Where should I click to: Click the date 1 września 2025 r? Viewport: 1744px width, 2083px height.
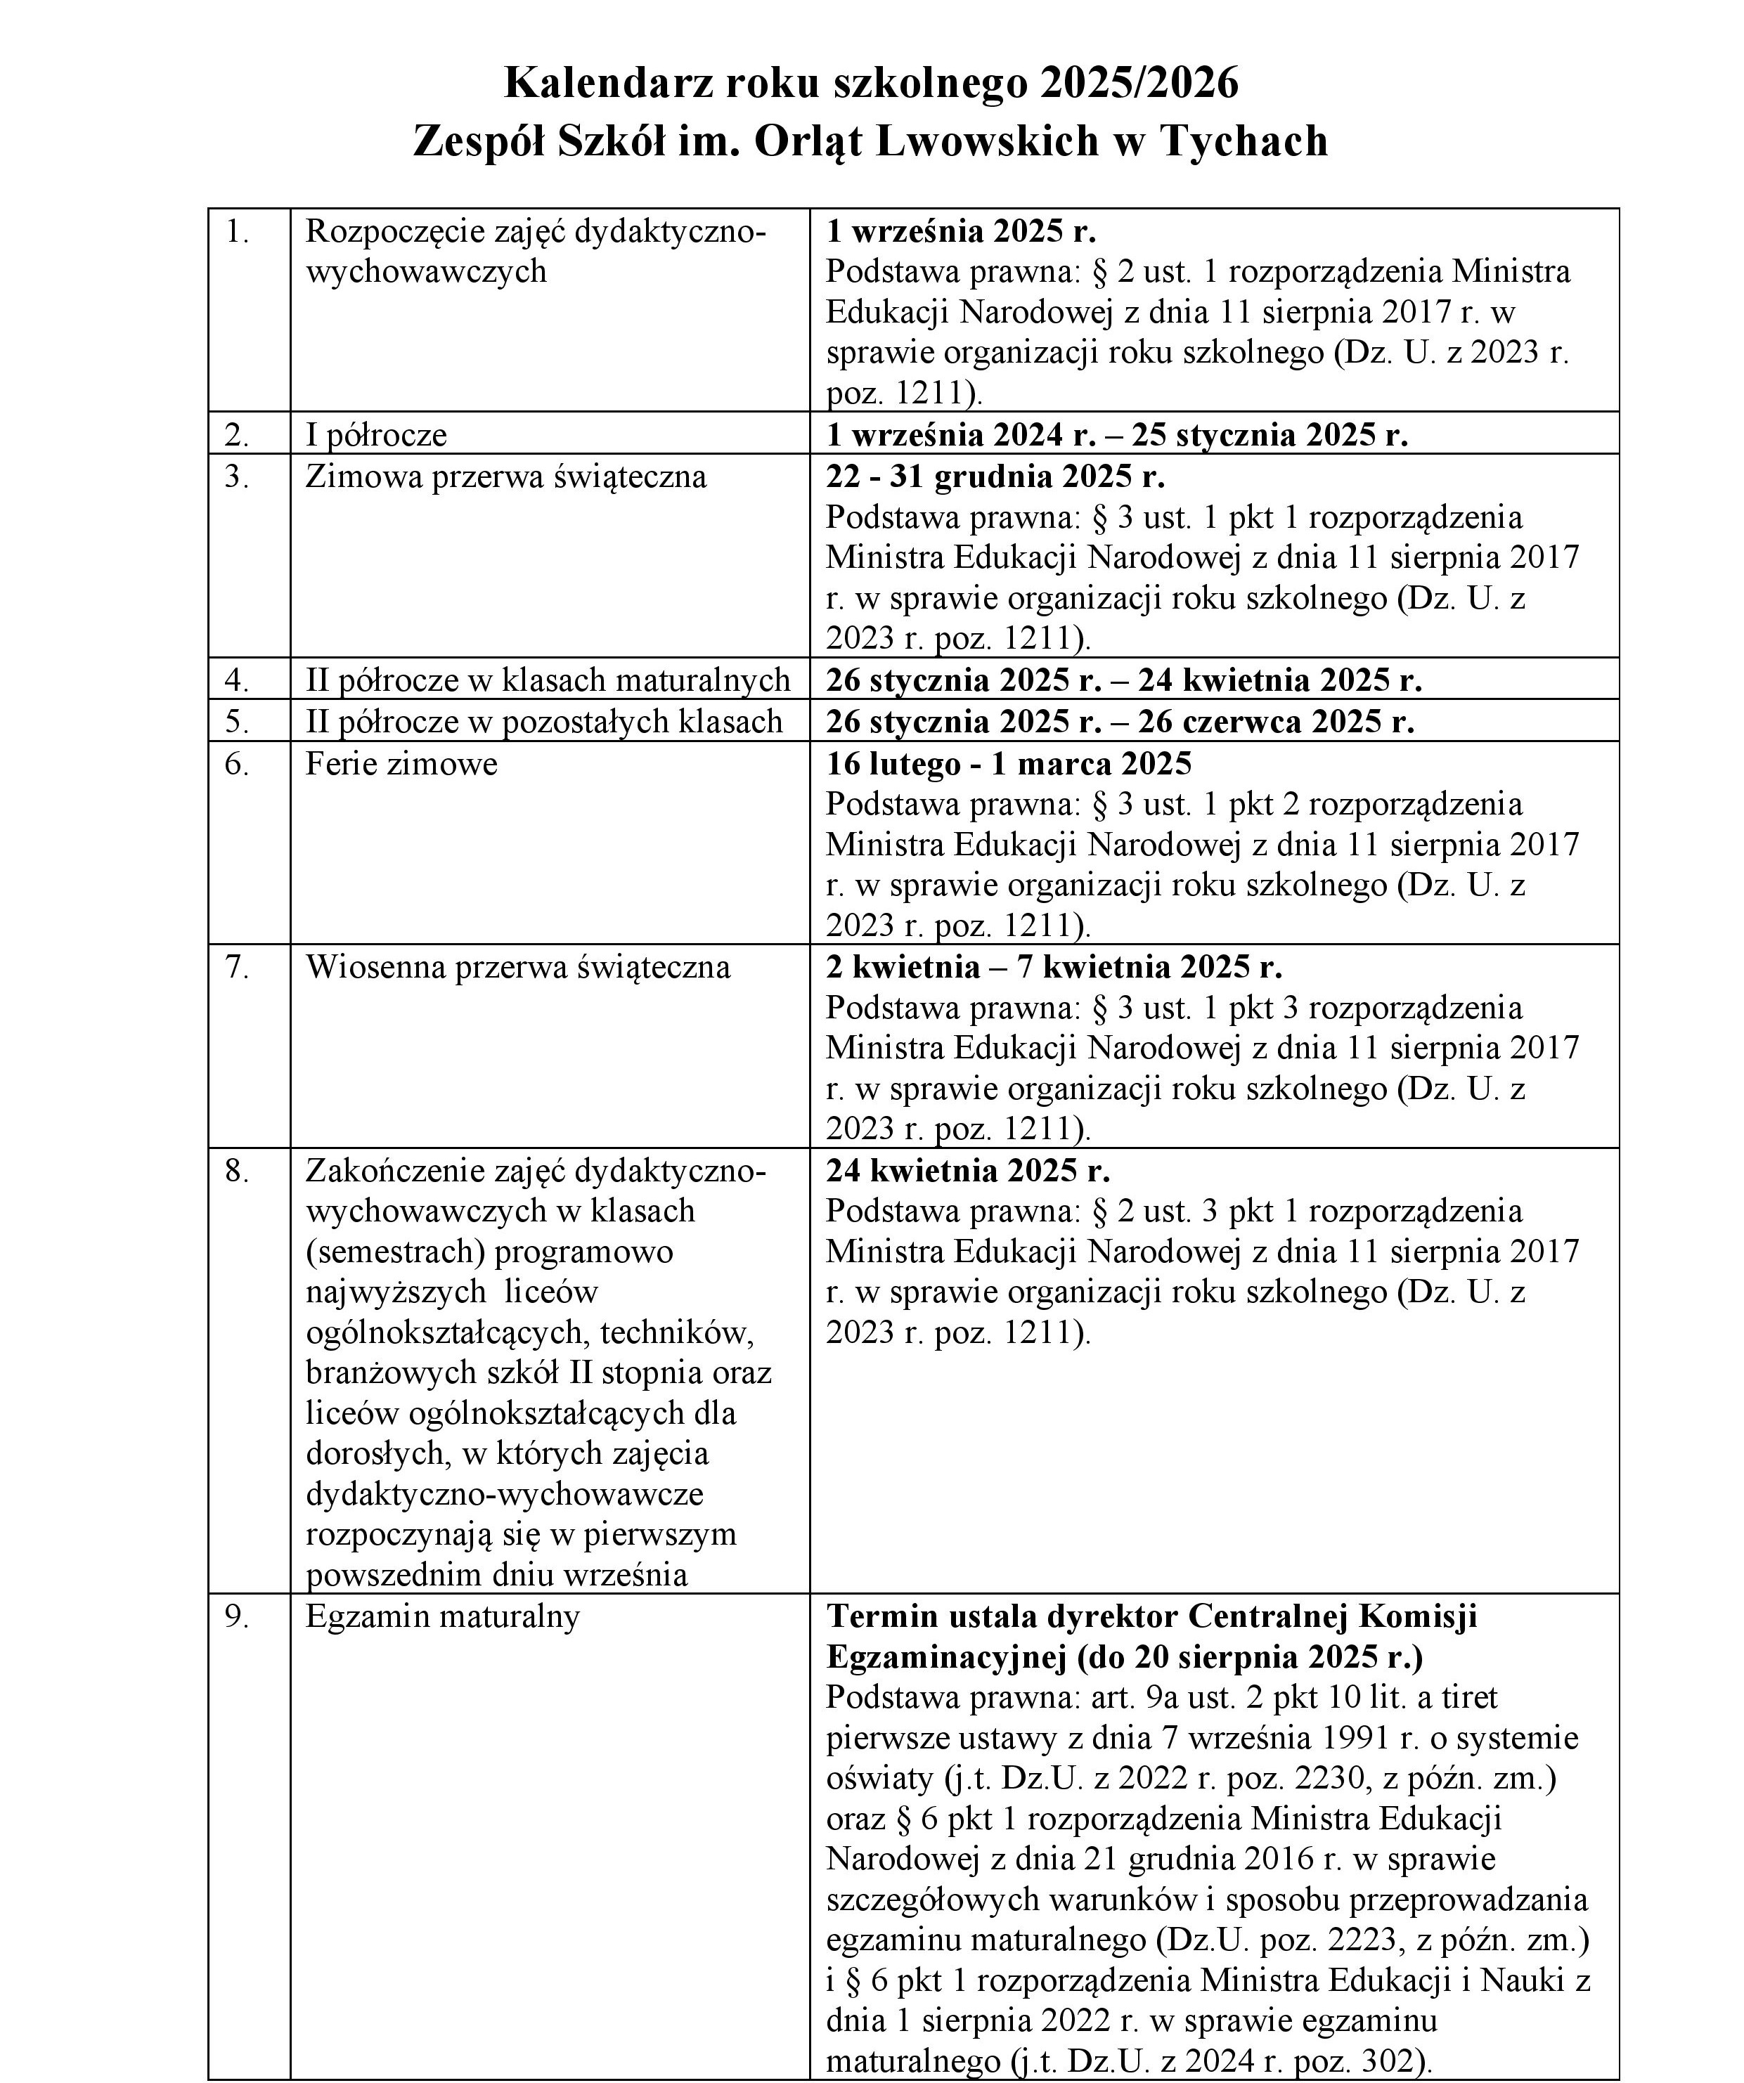pyautogui.click(x=960, y=231)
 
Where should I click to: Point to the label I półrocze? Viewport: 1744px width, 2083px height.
pyautogui.click(x=376, y=434)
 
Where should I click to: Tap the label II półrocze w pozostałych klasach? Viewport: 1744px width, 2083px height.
pyautogui.click(x=543, y=721)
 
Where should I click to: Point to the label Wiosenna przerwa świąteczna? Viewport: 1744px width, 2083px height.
pyautogui.click(x=518, y=966)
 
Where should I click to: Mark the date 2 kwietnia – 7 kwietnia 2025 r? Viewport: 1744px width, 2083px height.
pyautogui.click(x=1054, y=966)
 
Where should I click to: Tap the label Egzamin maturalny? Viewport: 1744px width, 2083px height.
pyautogui.click(x=442, y=1617)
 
